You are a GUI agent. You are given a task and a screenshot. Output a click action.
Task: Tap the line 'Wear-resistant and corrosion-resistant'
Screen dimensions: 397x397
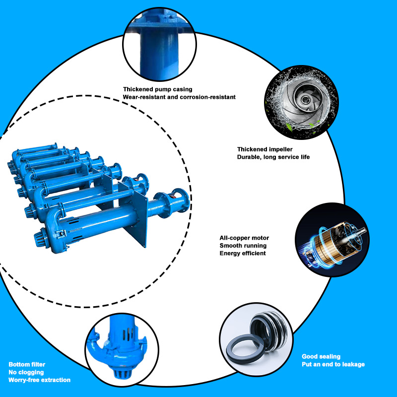[x=179, y=97]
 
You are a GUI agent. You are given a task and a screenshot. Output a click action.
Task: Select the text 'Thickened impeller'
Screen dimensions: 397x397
[x=265, y=149]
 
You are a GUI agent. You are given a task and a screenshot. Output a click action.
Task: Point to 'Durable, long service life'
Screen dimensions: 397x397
[x=273, y=157]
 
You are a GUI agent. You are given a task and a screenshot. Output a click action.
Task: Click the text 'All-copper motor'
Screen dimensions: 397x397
[x=244, y=238]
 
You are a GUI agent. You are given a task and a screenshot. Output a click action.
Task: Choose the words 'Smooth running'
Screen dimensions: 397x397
[x=243, y=246]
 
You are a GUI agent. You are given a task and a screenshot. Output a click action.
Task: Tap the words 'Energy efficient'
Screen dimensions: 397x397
[x=243, y=254]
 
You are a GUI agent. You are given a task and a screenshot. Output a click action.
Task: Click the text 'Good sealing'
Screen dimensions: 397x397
[x=321, y=356]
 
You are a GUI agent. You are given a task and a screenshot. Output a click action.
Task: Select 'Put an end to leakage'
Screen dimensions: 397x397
[x=333, y=364]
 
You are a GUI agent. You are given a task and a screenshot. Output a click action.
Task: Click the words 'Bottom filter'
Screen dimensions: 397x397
[x=27, y=364]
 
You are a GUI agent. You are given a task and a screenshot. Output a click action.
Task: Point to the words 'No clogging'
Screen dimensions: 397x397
[x=26, y=372]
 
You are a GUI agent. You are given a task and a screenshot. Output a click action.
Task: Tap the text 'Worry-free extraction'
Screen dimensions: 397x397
[x=39, y=380]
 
